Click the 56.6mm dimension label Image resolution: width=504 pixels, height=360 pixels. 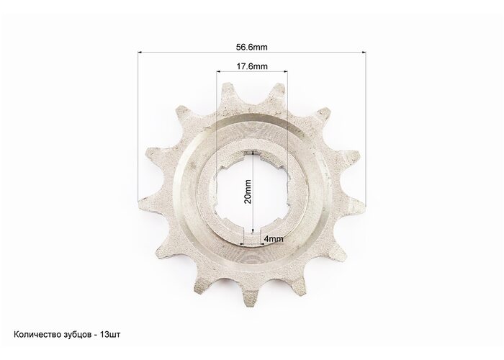coord(252,48)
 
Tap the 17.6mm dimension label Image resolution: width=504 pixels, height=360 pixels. coord(252,66)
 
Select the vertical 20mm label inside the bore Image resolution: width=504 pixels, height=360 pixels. coord(248,192)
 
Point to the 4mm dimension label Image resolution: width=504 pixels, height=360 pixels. coord(274,239)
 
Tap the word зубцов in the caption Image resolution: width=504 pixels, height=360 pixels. coord(75,335)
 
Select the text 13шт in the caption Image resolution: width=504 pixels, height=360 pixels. coord(110,335)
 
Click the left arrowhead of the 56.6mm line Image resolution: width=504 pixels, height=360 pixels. coord(140,52)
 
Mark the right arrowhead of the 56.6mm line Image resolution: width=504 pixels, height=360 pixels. coord(364,52)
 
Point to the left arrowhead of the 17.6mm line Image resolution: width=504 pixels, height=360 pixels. coord(218,71)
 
